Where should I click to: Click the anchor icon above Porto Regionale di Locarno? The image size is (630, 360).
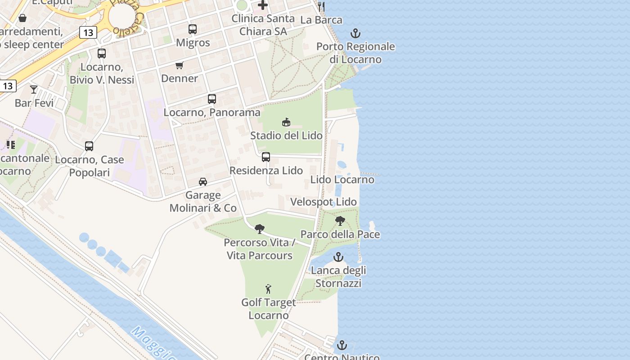pos(355,33)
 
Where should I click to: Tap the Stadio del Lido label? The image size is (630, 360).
pos(286,135)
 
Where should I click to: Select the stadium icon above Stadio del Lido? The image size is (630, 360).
pos(286,122)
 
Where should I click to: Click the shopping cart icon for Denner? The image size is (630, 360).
pos(180,65)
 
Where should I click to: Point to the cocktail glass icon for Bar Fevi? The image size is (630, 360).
pos(34,89)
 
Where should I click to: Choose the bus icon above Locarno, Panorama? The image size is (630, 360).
pos(212,99)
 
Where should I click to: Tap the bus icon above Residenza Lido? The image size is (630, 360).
pos(266,157)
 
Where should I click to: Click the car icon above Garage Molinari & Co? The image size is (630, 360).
pos(203,182)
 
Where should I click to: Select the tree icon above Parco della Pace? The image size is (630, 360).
pos(340,221)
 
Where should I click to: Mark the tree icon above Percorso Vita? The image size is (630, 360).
pos(260,229)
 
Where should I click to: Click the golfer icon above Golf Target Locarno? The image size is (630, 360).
pos(269,289)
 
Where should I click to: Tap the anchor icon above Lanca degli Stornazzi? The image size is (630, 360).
pos(338,257)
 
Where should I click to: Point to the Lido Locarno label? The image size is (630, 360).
pos(342,180)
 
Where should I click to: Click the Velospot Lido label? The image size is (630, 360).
pos(323,202)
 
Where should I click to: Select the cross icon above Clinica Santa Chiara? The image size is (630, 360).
pos(263,5)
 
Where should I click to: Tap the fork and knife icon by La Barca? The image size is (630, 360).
pos(321,6)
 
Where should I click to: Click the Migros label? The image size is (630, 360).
pos(193,43)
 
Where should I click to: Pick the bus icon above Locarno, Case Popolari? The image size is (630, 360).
pos(89,146)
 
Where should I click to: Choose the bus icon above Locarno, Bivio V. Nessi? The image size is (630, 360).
pos(102,54)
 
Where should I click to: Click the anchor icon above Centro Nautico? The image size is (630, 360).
pos(342,346)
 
